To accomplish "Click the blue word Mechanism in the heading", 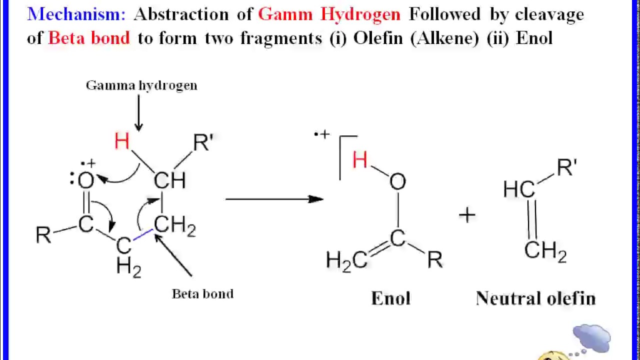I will pyautogui.click(x=76, y=14).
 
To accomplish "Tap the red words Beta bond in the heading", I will pyautogui.click(x=89, y=38).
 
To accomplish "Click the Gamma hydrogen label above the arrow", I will pyautogui.click(x=141, y=85).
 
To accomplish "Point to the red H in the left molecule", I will pyautogui.click(x=121, y=141).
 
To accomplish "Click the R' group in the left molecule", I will pyautogui.click(x=203, y=142).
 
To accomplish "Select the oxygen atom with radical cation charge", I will pyautogui.click(x=85, y=180).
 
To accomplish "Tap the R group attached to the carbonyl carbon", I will pyautogui.click(x=43, y=235).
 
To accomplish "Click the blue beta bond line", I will pyautogui.click(x=143, y=234).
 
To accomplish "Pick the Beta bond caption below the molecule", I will pyautogui.click(x=202, y=293).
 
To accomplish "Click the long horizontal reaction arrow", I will pyautogui.click(x=274, y=199).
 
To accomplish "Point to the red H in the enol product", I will pyautogui.click(x=359, y=160).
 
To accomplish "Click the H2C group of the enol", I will pyautogui.click(x=346, y=261).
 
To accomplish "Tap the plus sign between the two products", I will pyautogui.click(x=467, y=215).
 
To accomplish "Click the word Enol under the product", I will pyautogui.click(x=390, y=298).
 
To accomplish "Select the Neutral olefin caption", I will pyautogui.click(x=535, y=298).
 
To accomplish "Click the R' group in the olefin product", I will pyautogui.click(x=567, y=167).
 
